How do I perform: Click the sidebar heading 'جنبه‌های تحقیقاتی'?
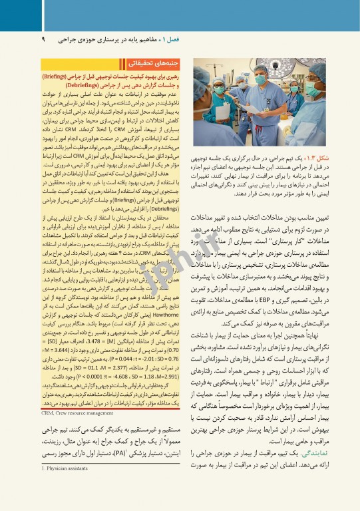(x=154, y=65)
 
